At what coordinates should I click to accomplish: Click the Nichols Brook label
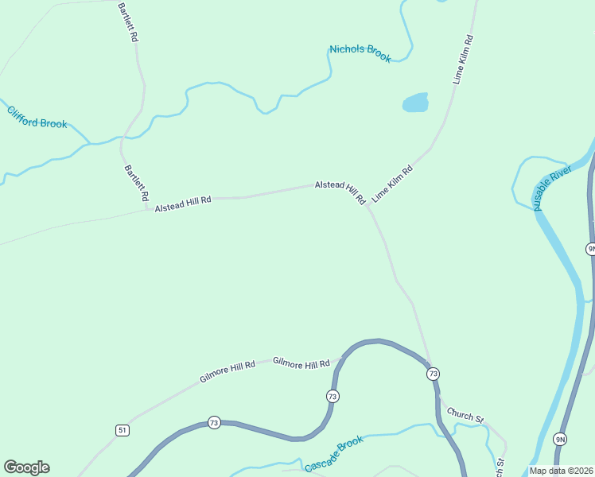(x=360, y=53)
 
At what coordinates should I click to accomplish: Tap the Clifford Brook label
(x=37, y=117)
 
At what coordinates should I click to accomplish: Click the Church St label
(x=465, y=414)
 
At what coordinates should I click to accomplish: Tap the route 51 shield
(x=122, y=430)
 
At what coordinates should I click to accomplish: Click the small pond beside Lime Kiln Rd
(x=415, y=103)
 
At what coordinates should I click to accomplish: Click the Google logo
(x=26, y=467)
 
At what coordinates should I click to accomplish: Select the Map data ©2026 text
(x=562, y=470)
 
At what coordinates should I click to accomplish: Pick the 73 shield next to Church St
(x=433, y=373)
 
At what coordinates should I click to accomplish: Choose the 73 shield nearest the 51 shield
(x=213, y=422)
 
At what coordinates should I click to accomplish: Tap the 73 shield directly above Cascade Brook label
(x=332, y=396)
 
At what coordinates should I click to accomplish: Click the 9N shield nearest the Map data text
(x=561, y=440)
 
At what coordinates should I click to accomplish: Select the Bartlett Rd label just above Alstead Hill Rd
(x=136, y=182)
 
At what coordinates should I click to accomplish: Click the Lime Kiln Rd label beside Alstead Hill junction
(x=393, y=183)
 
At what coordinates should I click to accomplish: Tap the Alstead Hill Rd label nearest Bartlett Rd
(x=183, y=204)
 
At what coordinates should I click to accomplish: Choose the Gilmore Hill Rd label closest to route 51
(x=227, y=370)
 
